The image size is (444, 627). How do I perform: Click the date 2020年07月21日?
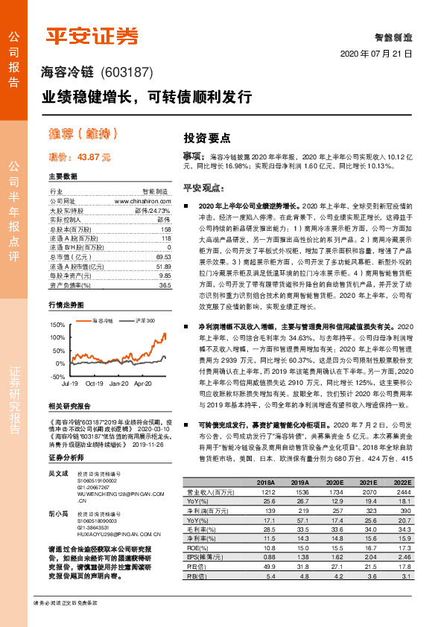(x=375, y=55)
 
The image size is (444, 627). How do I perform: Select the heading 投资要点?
(x=206, y=138)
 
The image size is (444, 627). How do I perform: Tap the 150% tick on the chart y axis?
(x=57, y=325)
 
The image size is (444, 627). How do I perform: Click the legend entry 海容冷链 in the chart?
(x=103, y=320)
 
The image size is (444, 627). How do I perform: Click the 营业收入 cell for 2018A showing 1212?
(x=264, y=492)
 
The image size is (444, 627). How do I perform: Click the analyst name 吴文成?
(x=58, y=473)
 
